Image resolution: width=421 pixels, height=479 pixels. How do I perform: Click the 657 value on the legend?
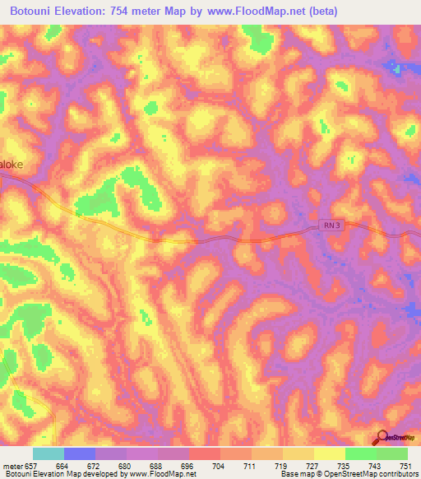pyautogui.click(x=30, y=466)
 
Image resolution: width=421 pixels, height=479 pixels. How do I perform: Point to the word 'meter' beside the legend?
pyautogui.click(x=11, y=466)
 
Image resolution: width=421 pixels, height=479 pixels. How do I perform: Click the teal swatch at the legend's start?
pyautogui.click(x=49, y=453)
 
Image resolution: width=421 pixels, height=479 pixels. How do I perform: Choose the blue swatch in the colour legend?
pyautogui.click(x=80, y=453)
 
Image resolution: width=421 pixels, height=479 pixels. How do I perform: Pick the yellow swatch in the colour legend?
pyautogui.click(x=329, y=453)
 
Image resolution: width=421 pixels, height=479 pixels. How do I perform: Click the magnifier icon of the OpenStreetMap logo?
pyautogui.click(x=381, y=437)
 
